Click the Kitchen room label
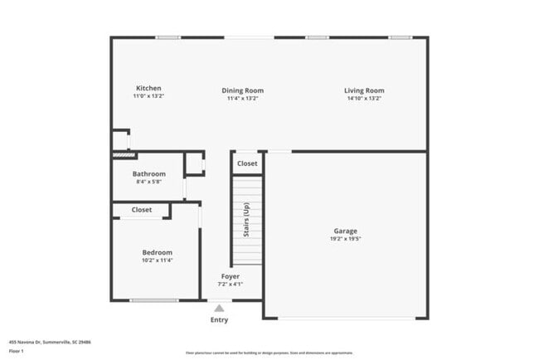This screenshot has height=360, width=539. point(149,89)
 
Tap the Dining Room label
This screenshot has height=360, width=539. point(243,90)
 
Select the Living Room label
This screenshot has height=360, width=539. point(364,90)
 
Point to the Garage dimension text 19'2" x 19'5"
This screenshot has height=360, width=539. point(346,239)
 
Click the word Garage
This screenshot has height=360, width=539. point(346,231)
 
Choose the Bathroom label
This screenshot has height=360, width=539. point(149,173)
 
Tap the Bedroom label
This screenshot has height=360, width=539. point(157,252)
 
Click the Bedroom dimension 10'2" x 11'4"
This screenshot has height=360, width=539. point(157,260)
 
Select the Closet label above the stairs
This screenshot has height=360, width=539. point(247,163)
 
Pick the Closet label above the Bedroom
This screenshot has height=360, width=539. point(142,210)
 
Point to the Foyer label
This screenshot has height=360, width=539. point(231,276)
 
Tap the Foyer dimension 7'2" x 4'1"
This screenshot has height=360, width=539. point(231,285)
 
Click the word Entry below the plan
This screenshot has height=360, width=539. point(219,320)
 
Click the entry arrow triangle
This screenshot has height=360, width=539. point(219,308)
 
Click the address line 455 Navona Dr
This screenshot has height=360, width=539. point(50,341)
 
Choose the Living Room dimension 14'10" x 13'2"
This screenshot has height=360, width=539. point(364,99)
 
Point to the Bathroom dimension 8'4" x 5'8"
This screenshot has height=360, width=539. point(149,181)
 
